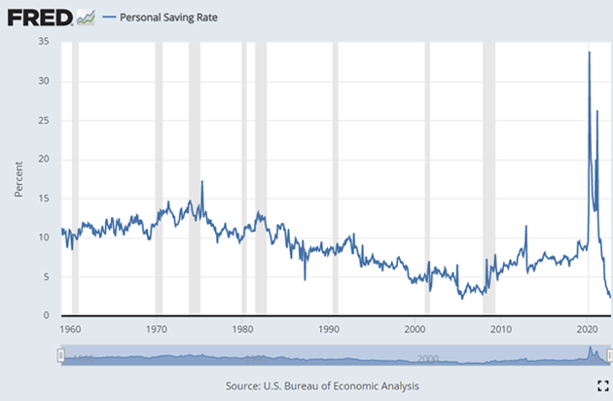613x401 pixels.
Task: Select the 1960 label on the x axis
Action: [x=70, y=331]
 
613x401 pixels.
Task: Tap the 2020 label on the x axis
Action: [x=588, y=331]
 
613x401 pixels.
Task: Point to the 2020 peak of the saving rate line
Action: [x=589, y=53]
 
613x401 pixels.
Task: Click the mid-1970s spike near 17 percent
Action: [x=202, y=181]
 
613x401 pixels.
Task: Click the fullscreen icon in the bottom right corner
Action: [x=601, y=384]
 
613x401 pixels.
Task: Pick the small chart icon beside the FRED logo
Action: [x=86, y=18]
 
